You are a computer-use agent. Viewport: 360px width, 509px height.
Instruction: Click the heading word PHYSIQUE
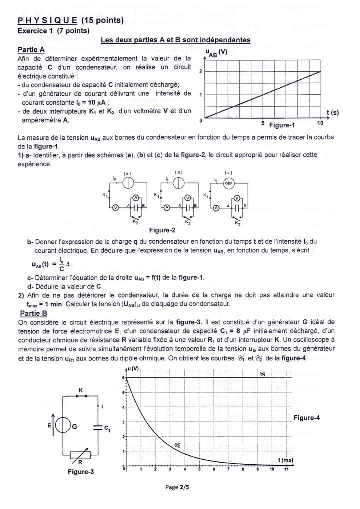click(47, 21)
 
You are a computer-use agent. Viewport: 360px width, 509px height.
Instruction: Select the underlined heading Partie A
click(31, 49)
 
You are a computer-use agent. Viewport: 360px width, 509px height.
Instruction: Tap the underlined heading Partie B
click(34, 313)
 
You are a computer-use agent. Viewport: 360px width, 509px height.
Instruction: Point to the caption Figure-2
click(162, 230)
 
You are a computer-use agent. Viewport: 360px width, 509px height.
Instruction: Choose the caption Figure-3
click(81, 471)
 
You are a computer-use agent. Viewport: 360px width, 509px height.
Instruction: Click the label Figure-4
click(307, 418)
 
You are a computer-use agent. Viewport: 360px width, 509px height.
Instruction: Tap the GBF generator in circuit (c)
click(229, 183)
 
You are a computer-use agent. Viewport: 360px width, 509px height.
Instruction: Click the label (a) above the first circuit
click(127, 173)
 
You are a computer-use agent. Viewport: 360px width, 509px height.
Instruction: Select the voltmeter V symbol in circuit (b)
click(187, 198)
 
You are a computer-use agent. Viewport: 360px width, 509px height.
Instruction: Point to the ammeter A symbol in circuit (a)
click(135, 198)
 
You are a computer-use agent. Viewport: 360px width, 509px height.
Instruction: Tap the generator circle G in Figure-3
click(63, 426)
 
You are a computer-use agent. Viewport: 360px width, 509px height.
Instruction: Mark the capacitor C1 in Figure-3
click(97, 426)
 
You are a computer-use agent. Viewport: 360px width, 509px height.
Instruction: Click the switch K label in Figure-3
click(81, 389)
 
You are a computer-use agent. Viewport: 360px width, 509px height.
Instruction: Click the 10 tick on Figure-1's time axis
click(320, 123)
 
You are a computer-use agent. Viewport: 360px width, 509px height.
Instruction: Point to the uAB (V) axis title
click(216, 52)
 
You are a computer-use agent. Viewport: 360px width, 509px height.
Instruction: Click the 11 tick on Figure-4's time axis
click(287, 470)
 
